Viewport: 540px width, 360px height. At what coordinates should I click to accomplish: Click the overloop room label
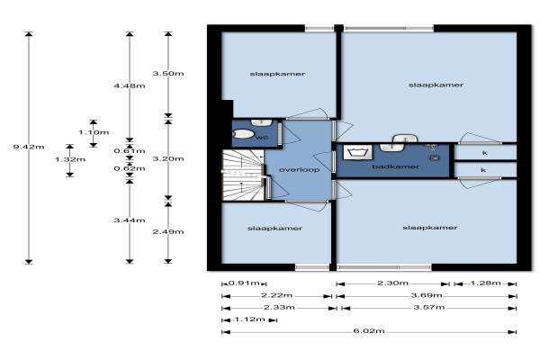click(x=299, y=170)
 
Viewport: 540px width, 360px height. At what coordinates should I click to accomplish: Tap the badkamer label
click(x=396, y=166)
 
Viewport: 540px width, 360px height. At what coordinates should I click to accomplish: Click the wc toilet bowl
click(x=244, y=134)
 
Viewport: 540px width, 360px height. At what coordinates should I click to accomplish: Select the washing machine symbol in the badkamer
click(x=358, y=152)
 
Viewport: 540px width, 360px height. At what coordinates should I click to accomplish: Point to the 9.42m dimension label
click(x=29, y=147)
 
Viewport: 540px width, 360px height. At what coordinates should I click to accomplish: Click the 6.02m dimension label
click(x=369, y=331)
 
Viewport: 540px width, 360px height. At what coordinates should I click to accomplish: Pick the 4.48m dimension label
click(x=130, y=85)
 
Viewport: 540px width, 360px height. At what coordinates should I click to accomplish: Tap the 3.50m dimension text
click(x=168, y=74)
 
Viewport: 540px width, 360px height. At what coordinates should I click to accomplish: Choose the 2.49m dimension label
click(x=168, y=232)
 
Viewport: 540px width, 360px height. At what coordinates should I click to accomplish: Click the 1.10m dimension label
click(x=94, y=132)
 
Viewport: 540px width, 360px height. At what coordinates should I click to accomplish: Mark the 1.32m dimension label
click(x=70, y=159)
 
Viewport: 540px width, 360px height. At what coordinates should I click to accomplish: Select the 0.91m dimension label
click(x=244, y=283)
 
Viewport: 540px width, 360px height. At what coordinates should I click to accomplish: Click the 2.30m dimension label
click(x=392, y=283)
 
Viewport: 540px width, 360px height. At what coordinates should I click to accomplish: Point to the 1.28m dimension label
click(x=486, y=283)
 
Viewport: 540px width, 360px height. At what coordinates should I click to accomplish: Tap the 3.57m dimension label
click(x=429, y=307)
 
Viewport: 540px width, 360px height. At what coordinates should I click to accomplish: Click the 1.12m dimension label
click(x=249, y=319)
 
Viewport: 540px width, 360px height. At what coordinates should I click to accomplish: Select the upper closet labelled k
click(x=485, y=152)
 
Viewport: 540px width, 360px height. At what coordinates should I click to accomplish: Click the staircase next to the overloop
click(x=243, y=175)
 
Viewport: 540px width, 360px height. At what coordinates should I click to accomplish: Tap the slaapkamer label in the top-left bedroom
click(x=277, y=74)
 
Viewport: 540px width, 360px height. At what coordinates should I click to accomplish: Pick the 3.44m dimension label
click(x=130, y=220)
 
